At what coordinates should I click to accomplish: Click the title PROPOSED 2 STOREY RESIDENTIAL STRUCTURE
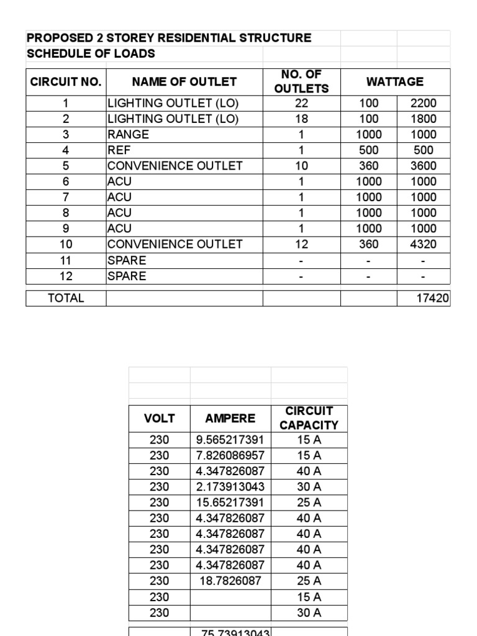pos(169,38)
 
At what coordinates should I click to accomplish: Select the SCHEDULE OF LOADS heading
pos(91,53)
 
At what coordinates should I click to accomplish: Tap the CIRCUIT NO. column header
pos(66,81)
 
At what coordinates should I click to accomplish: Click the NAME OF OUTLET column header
pos(184,81)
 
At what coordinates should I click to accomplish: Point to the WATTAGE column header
pos(394,81)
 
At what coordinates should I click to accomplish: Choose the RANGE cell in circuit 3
pos(128,134)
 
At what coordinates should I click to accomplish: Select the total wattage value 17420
pos(432,298)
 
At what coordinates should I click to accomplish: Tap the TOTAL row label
pos(66,298)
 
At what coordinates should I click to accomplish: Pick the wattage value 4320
pos(423,244)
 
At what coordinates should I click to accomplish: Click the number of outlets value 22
pos(301,103)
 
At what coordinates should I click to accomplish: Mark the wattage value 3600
pos(423,166)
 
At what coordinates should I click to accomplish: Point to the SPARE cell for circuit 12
pos(127,276)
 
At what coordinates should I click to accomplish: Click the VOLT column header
pos(159,418)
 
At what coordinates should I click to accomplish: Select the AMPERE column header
pos(230,418)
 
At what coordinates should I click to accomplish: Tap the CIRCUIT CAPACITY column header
pos(309,418)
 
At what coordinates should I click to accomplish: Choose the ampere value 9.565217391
pos(230,440)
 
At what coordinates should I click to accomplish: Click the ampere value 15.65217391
pos(230,502)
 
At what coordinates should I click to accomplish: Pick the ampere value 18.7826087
pos(230,581)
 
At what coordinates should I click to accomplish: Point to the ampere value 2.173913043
pos(230,487)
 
